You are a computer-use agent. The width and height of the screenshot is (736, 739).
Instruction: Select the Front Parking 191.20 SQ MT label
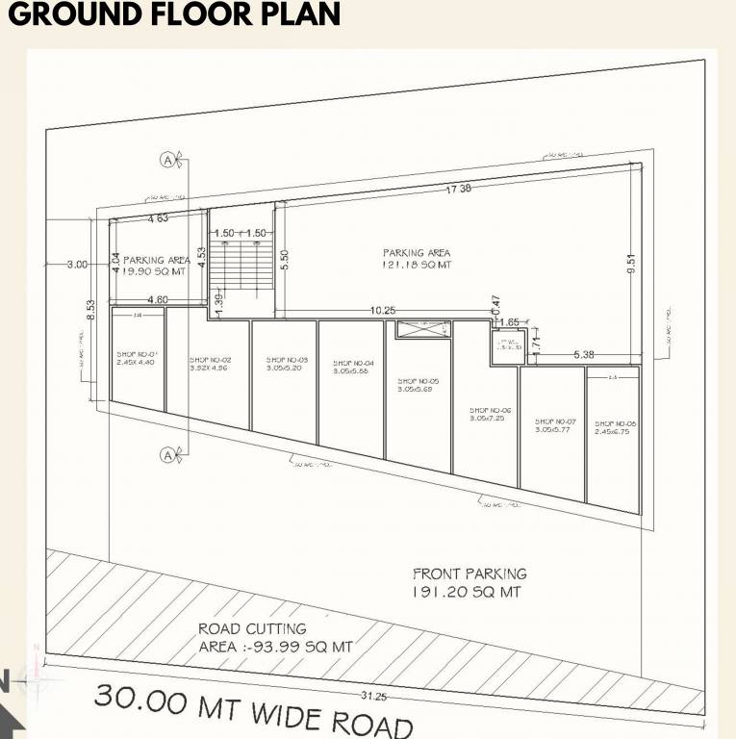point(469,583)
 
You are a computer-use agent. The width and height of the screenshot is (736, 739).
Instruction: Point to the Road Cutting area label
point(274,638)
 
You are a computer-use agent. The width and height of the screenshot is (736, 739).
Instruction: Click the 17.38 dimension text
point(458,190)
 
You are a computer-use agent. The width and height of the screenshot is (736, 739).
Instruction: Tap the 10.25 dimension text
point(383,310)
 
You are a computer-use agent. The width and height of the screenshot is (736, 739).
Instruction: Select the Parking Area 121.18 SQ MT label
point(417,258)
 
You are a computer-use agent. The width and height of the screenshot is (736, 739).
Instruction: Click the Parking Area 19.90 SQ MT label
point(156,266)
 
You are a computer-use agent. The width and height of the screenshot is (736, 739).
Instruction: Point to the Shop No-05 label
point(418,385)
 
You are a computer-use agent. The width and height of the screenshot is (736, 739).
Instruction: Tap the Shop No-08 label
point(616,427)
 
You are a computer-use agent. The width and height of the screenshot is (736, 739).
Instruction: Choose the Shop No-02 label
point(210,363)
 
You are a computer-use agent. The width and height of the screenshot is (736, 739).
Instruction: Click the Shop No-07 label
point(555,424)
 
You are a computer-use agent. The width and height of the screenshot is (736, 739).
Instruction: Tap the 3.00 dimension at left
point(77,264)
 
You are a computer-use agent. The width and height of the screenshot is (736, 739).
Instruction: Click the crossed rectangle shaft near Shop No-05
point(422,329)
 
